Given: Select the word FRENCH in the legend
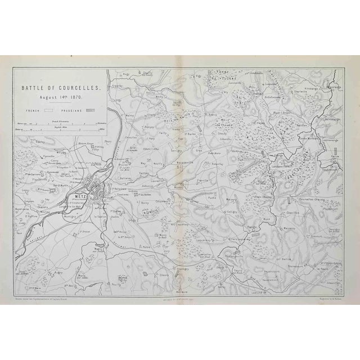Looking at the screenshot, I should (x=38, y=111).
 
